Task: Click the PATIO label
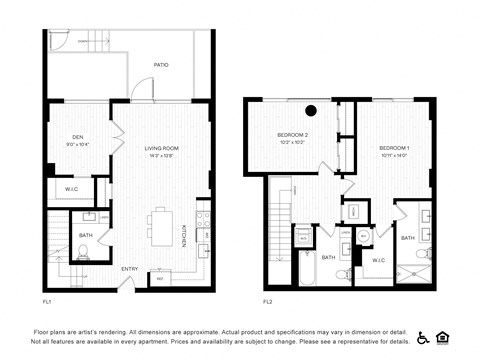(x=161, y=65)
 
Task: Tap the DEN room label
(x=77, y=138)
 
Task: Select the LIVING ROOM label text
(x=161, y=148)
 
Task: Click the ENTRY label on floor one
(x=130, y=269)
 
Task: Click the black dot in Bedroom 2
(x=311, y=111)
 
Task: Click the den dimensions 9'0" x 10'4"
(x=77, y=146)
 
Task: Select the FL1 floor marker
(x=47, y=300)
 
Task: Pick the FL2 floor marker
(x=268, y=300)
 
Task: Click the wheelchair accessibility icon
(x=423, y=337)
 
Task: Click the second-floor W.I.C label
(x=377, y=262)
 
